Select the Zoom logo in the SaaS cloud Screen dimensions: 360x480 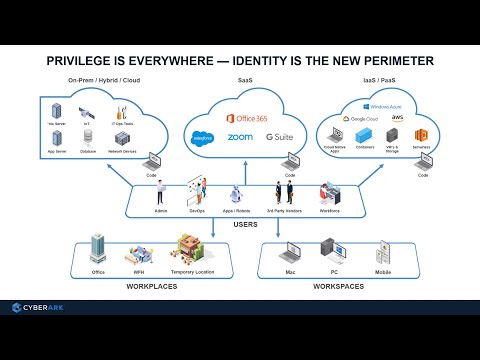pos(240,137)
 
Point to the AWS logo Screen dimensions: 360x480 pos(397,118)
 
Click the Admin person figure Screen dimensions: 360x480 pos(161,193)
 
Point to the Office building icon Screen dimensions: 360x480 pos(98,246)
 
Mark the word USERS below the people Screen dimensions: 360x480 pos(245,225)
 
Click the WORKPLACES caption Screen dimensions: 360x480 pos(151,286)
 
